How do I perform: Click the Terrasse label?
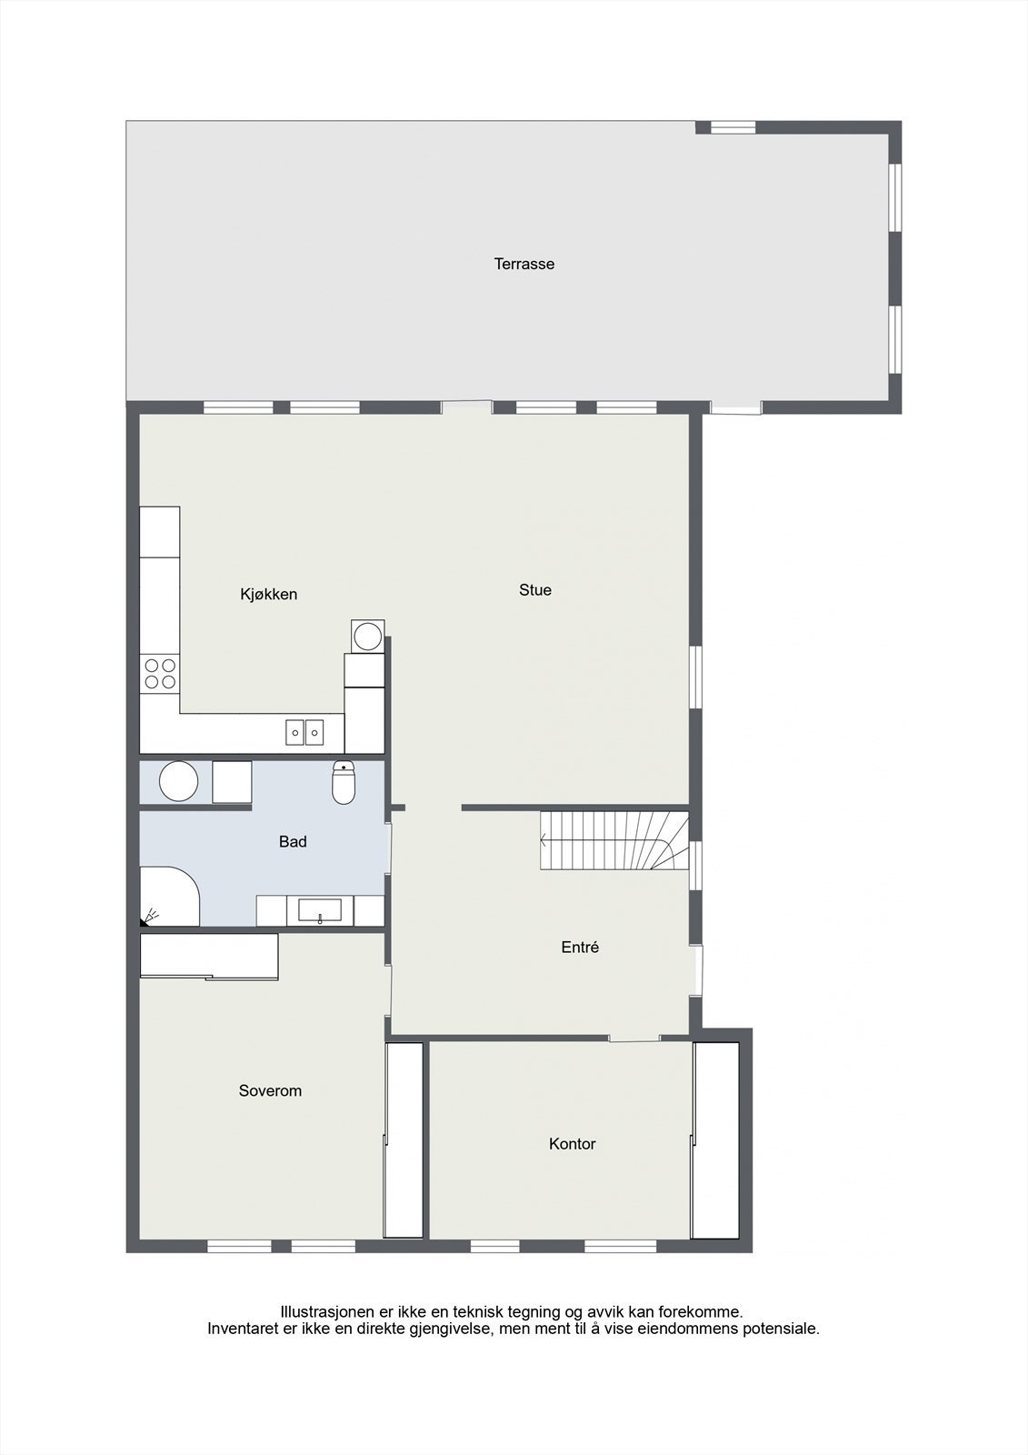(x=524, y=264)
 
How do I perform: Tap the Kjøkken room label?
(x=268, y=595)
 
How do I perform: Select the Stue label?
(x=534, y=590)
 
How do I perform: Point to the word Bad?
(x=293, y=842)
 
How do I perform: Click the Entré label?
(x=580, y=948)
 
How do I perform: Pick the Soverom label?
(x=270, y=1091)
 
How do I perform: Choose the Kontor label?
(x=572, y=1144)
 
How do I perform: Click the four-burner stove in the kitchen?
(x=161, y=673)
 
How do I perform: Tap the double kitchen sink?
(x=304, y=731)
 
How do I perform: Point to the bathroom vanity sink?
(x=320, y=910)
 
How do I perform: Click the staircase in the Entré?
(x=614, y=840)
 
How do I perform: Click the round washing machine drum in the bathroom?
(x=178, y=782)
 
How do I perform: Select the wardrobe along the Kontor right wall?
(x=715, y=1140)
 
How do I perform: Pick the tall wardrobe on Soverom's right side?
(x=404, y=1140)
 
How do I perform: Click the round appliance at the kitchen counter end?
(x=368, y=635)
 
